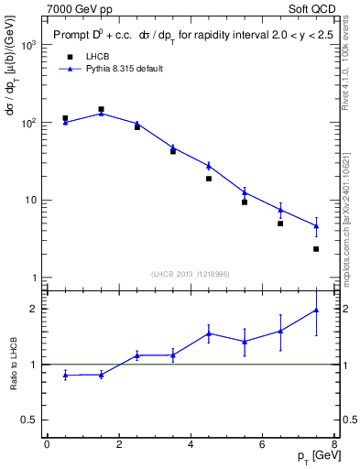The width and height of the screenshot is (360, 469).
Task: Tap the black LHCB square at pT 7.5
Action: pos(316,249)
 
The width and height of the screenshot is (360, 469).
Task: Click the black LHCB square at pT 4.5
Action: pos(209,179)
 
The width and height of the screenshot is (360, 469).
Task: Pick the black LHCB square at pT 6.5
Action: pos(280,224)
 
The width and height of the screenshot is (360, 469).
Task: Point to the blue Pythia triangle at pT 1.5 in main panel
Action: pos(101,113)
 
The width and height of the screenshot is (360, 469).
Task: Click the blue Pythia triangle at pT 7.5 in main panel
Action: pos(316,225)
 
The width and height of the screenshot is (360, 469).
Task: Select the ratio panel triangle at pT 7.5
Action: pos(316,311)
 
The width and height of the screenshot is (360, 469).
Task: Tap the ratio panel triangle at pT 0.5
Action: pos(65,375)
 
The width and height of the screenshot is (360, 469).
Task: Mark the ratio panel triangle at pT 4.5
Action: pos(209,333)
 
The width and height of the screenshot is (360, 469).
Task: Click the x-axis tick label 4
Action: pos(191,444)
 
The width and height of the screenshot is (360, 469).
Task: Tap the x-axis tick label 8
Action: pos(334,444)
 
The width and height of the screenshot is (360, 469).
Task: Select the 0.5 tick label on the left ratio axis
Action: pos(27,420)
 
